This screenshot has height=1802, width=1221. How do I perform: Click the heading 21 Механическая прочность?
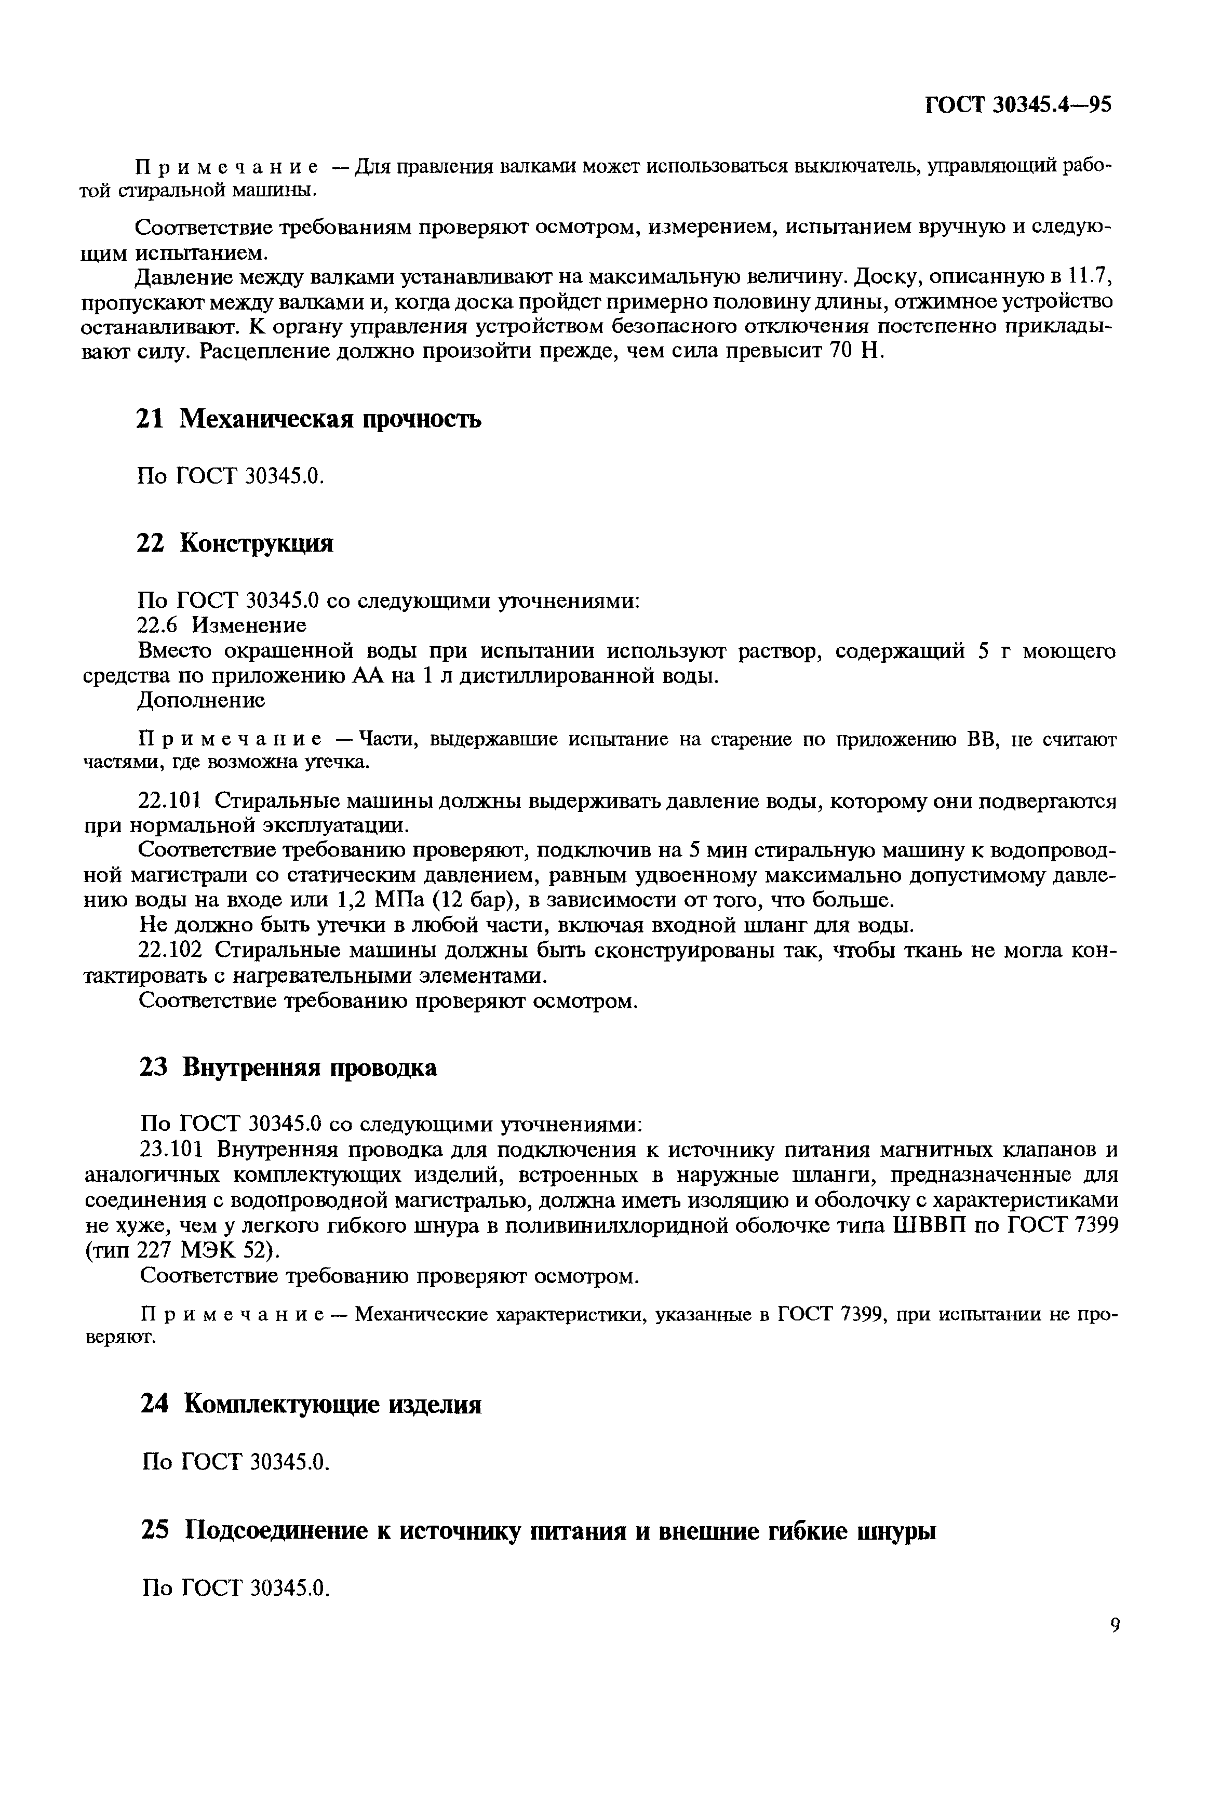308,420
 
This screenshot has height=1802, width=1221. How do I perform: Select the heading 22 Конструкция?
235,543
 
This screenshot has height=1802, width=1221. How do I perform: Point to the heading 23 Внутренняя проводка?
288,1067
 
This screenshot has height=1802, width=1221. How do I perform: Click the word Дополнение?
201,700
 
